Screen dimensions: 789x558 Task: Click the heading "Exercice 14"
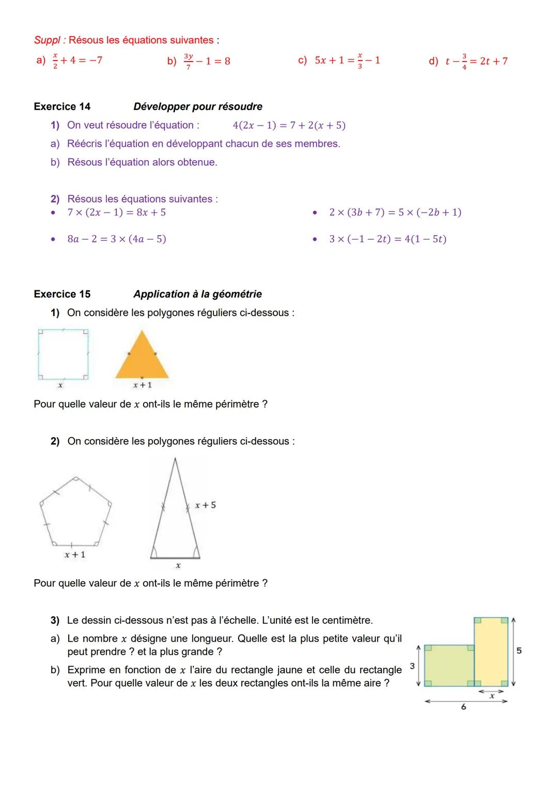(62, 106)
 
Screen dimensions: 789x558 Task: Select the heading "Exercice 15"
(62, 294)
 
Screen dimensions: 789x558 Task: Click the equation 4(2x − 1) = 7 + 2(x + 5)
(289, 125)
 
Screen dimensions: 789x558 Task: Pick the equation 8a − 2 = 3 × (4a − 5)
(117, 239)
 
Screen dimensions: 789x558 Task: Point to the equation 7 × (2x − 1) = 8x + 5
(117, 212)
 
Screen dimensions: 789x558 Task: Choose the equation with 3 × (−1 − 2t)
(388, 239)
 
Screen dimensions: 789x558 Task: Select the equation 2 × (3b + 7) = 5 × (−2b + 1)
(395, 212)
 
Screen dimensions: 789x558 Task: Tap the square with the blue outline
(63, 354)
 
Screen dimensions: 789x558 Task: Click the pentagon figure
(75, 513)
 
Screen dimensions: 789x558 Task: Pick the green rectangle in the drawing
(448, 665)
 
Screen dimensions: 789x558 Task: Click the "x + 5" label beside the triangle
(205, 505)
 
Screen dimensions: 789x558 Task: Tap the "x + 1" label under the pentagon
(75, 554)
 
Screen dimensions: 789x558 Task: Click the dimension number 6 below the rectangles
(463, 706)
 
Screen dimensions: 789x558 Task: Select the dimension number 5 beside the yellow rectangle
(519, 651)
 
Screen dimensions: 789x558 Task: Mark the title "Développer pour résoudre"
(197, 106)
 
